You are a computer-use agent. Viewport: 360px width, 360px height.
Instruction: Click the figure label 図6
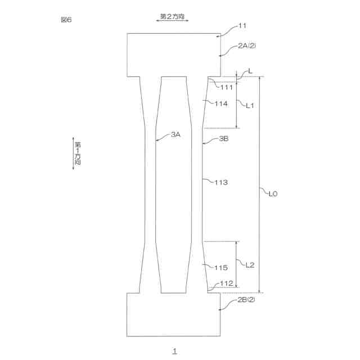66,20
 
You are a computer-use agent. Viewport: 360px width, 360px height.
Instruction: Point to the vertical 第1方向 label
78,152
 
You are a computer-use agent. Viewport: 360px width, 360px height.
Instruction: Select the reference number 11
243,26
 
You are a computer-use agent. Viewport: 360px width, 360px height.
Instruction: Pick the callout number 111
227,87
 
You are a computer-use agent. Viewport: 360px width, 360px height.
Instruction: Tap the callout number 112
227,283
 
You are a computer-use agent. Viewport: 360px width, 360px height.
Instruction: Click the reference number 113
221,182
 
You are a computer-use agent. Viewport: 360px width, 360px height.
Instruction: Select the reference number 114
221,103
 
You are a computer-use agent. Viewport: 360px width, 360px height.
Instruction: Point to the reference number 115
221,268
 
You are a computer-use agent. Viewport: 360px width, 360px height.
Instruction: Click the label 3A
176,134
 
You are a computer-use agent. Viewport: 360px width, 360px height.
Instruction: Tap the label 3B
223,138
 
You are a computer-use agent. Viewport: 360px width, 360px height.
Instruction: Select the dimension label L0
273,193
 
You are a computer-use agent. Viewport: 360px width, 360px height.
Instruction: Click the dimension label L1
251,105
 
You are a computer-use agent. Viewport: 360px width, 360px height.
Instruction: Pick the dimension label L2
251,265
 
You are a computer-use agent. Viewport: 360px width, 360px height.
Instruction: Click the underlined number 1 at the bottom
175,350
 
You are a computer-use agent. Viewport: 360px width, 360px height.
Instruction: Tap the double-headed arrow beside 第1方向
73,152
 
